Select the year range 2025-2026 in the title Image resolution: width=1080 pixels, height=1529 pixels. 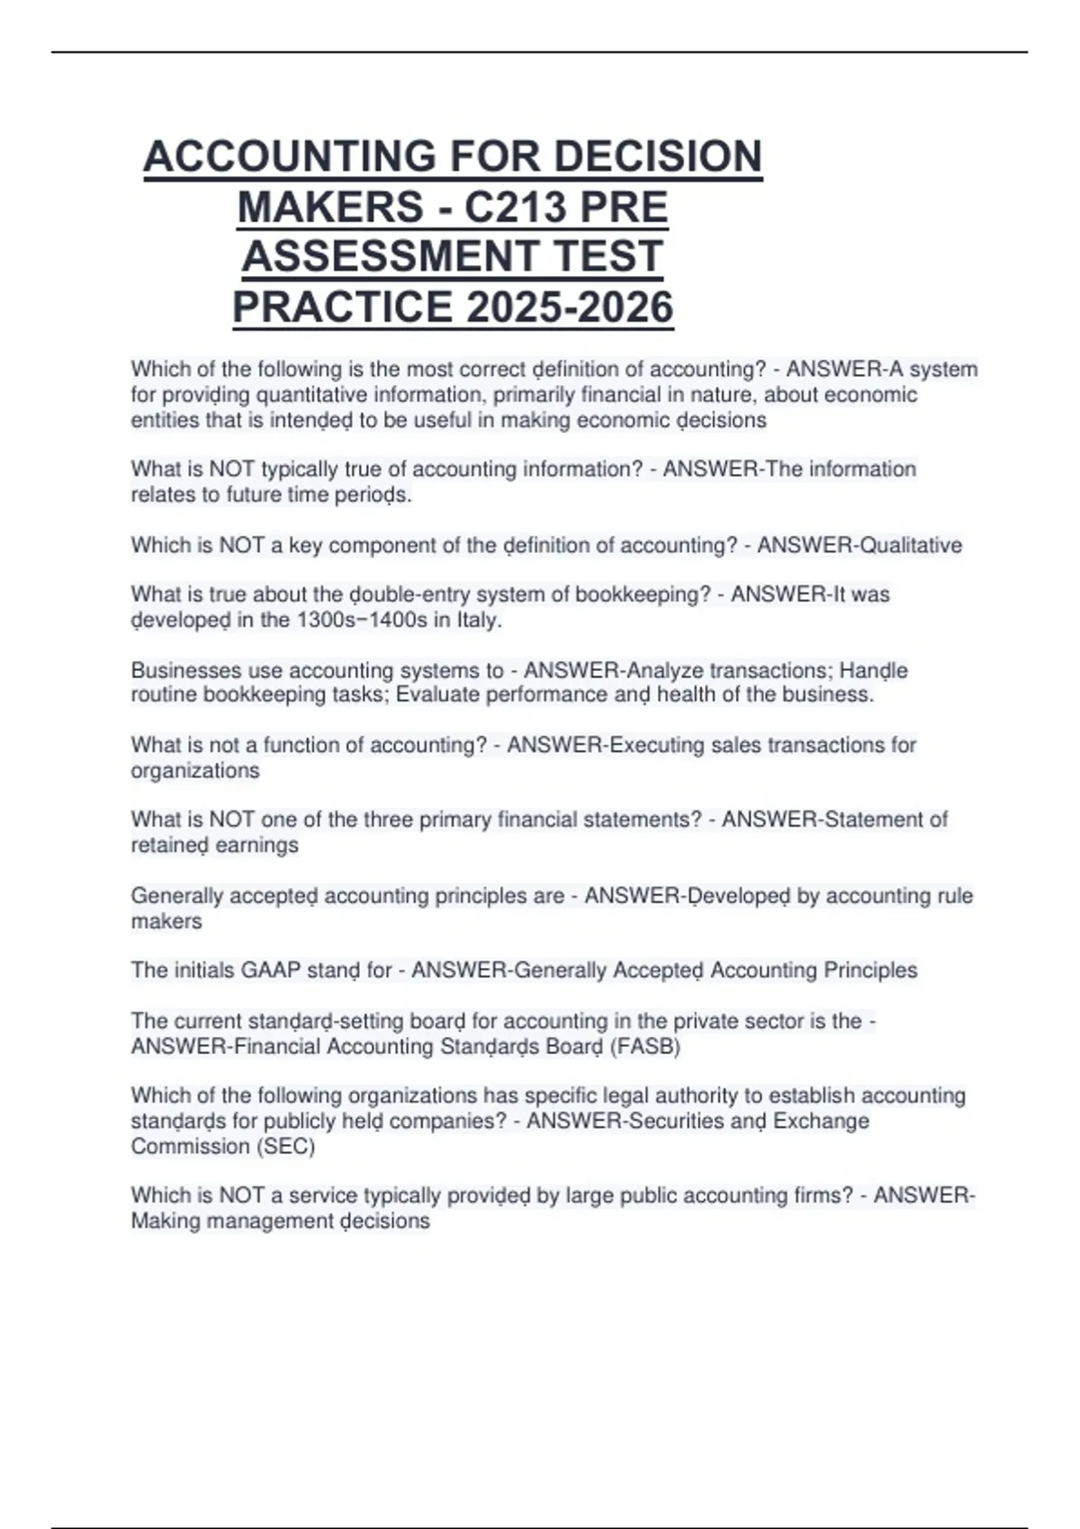pyautogui.click(x=570, y=307)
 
